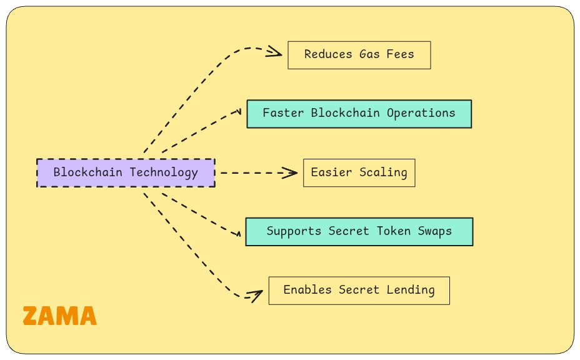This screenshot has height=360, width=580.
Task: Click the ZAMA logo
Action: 60,316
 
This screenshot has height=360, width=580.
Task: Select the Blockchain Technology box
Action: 126,173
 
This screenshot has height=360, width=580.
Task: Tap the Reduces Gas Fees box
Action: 359,54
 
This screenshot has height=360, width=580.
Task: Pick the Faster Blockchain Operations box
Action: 359,114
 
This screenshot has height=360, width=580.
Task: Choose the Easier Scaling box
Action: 359,173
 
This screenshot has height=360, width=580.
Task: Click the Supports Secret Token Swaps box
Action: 359,231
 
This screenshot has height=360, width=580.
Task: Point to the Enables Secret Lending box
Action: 359,290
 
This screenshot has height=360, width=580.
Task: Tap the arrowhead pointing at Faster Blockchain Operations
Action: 238,112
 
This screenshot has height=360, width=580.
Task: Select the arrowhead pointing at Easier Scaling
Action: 291,173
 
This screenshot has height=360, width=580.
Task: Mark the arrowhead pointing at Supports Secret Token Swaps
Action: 238,234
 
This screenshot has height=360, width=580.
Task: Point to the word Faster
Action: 282,114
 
